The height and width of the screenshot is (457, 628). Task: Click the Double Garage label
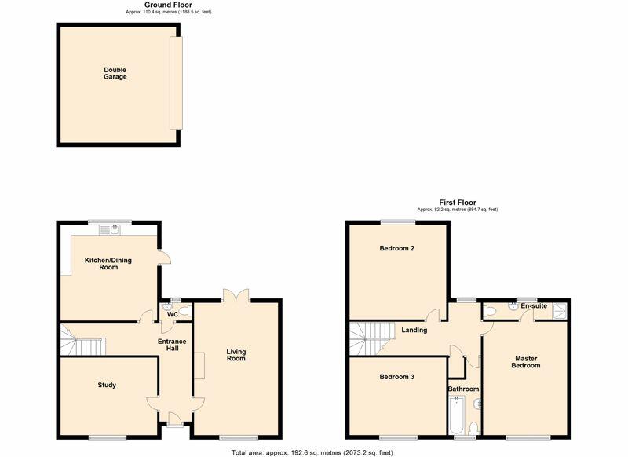115,73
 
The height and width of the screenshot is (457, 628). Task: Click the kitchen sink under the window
114,229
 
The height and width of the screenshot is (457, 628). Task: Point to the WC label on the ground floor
172,315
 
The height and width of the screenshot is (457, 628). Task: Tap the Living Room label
236,355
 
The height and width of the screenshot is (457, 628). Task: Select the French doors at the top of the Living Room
235,295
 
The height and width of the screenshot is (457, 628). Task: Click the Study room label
107,385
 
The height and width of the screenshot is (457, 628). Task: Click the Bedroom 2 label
396,248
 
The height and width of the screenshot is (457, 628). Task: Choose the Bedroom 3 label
396,377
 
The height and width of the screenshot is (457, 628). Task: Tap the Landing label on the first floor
414,330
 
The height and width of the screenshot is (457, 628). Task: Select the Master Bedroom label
525,362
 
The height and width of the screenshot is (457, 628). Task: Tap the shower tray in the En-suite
560,311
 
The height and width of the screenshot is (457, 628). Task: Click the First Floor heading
457,203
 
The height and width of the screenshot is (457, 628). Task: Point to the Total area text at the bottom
312,452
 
